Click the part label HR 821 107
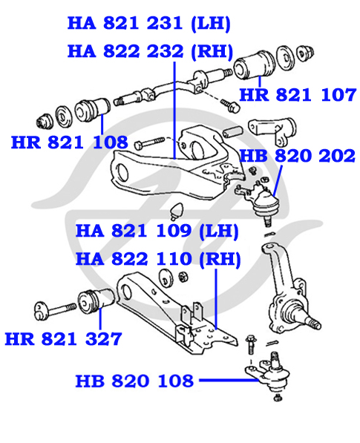tap(298, 95)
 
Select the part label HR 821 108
tap(70, 142)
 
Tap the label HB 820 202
tap(297, 156)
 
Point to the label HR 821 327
tap(64, 339)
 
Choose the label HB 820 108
tap(134, 381)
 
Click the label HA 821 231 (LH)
tap(149, 23)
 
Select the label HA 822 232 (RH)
tap(151, 51)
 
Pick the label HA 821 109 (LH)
tap(157, 231)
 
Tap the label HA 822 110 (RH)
tap(158, 259)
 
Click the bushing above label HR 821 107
tap(254, 64)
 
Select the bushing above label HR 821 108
tap(93, 110)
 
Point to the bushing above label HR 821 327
tap(96, 301)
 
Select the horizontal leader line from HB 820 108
tap(229, 380)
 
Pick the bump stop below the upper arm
tap(177, 211)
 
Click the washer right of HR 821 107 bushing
tap(285, 57)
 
